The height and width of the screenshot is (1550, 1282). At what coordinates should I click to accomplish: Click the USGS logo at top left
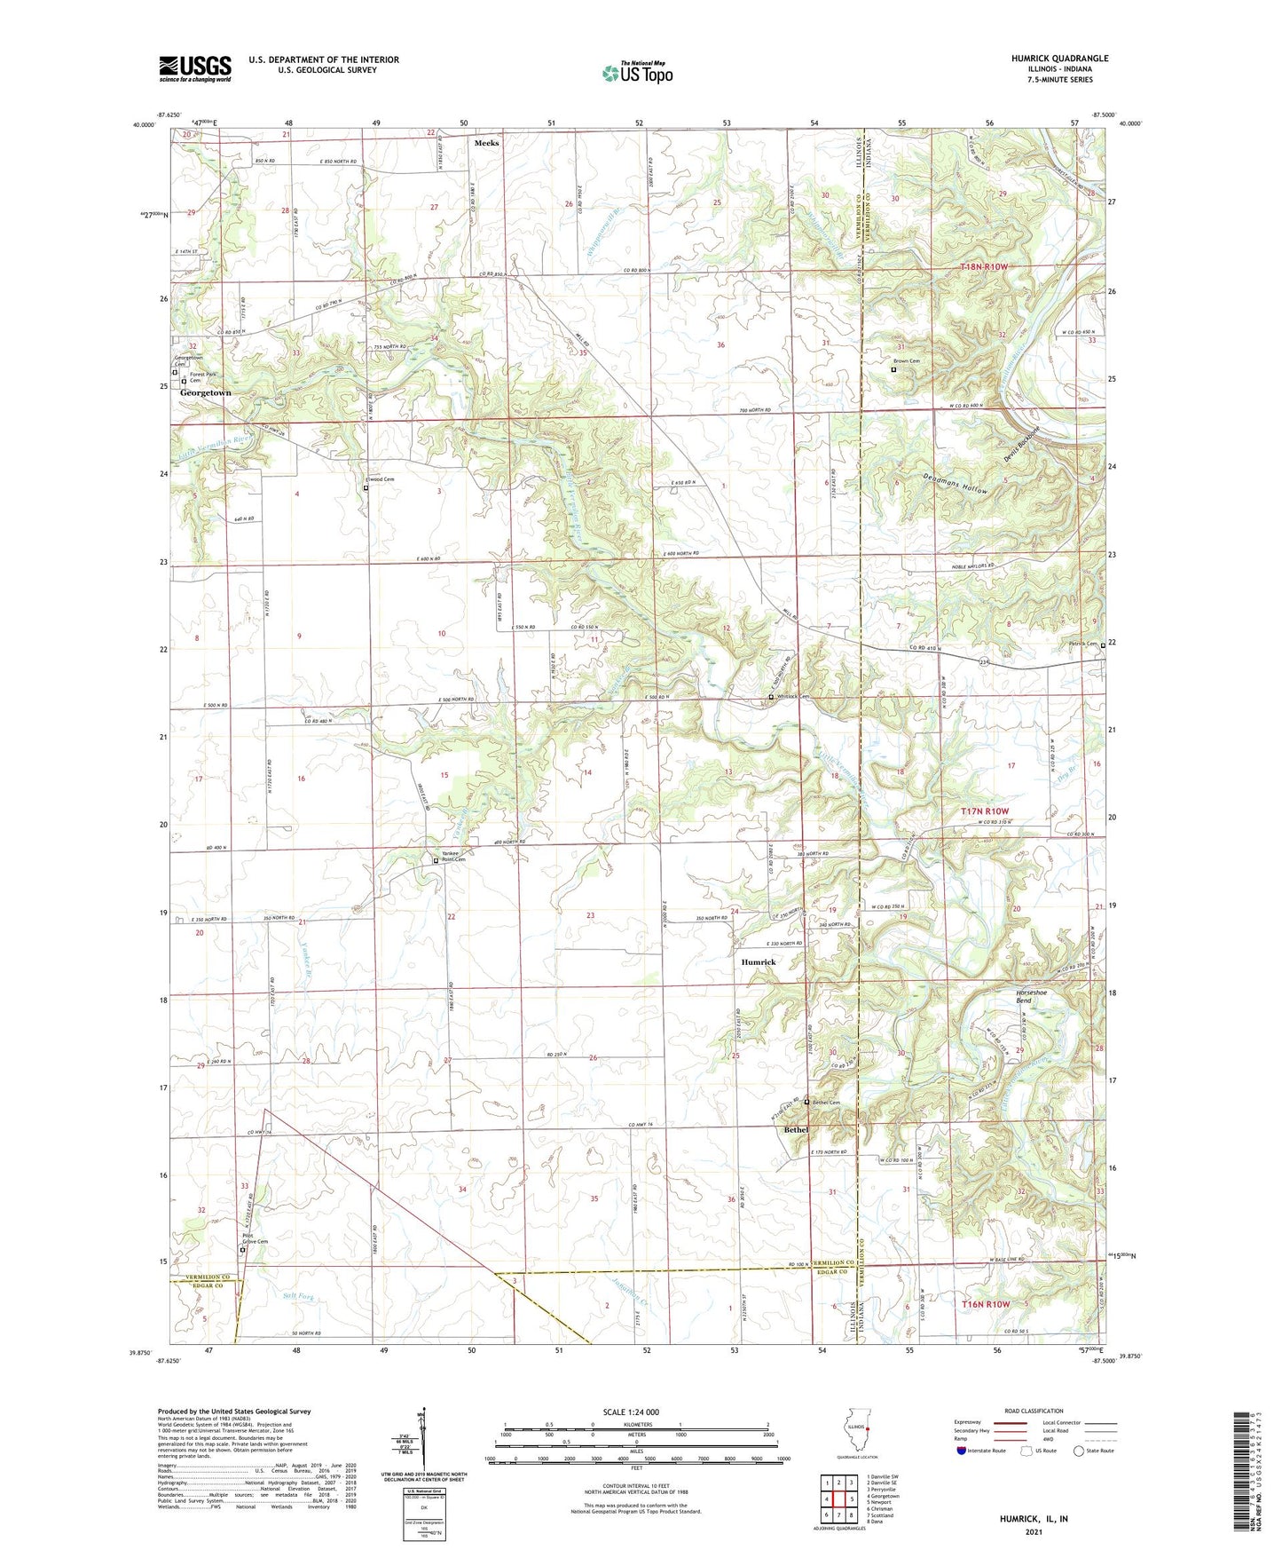[x=195, y=67]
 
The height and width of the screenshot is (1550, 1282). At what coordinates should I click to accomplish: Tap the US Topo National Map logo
[x=636, y=73]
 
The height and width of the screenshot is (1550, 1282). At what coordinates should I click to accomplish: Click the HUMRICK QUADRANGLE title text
[x=1059, y=59]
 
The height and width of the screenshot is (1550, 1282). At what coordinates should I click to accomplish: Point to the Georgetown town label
[x=205, y=392]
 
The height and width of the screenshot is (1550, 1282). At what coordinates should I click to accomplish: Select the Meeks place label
[x=486, y=143]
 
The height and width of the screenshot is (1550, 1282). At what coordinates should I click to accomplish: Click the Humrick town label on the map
[x=759, y=962]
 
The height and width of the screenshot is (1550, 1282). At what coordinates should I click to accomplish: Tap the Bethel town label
[x=796, y=1129]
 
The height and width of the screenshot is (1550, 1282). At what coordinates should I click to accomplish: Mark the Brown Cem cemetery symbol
[x=893, y=369]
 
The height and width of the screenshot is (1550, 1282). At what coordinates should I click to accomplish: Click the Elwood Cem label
[x=379, y=479]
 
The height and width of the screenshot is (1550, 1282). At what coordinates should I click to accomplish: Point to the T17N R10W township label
[x=984, y=811]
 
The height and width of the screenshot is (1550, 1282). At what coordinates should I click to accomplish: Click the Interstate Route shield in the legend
[x=962, y=1451]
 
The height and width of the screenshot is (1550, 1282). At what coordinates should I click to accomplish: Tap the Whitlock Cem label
[x=793, y=697]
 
